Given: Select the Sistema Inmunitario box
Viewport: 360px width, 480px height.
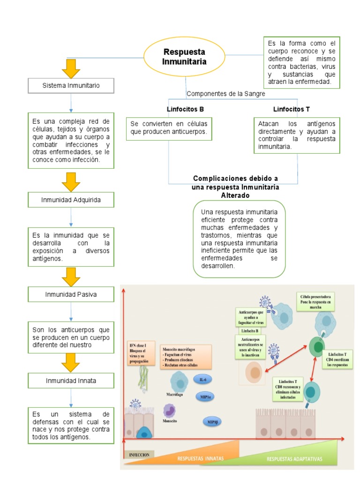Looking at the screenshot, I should coord(71,86).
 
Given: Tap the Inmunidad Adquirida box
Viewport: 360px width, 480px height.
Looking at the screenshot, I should coord(71,201).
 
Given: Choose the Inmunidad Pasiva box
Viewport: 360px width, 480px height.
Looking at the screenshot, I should coord(71,294).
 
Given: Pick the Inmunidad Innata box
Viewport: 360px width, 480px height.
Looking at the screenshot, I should coord(71,381).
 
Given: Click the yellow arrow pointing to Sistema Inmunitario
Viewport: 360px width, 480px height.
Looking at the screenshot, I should coord(71,68).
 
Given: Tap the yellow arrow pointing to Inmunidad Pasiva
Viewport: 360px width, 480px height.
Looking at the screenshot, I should coord(71,277).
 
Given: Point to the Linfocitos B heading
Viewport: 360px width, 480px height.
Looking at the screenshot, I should coord(185,109).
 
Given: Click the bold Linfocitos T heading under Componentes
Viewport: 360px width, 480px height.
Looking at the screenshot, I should coord(292,109).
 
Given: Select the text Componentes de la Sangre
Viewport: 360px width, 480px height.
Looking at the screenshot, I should coord(226,94).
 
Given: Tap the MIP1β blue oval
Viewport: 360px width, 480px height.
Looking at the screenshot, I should coord(212,422).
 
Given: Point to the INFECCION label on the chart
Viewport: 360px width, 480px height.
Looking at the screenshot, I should coord(139,455).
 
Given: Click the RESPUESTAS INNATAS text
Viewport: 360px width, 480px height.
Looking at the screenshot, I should coord(201,458).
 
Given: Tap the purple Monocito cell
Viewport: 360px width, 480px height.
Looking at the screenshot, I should coord(169,411).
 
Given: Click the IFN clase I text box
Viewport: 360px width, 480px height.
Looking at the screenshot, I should coord(140,354).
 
